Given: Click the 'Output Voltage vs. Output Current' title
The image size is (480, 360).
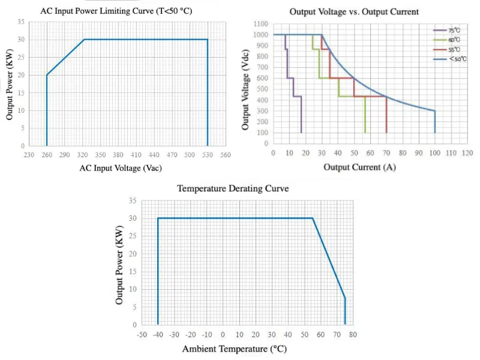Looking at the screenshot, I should coord(354,11).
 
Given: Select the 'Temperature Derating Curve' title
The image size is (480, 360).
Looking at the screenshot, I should coord(233,188).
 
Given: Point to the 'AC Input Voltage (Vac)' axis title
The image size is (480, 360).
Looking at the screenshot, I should coord(121,168).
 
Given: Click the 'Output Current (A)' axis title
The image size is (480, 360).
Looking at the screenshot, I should coord(359,167).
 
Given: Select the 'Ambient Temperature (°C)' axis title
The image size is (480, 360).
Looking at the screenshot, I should coord(234,349).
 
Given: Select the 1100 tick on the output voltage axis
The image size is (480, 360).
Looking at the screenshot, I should coord(261,24).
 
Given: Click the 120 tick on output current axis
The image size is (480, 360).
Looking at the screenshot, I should coord(467,153).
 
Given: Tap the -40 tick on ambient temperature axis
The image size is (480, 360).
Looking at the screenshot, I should coord(158,334).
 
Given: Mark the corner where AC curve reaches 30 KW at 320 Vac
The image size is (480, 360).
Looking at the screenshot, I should coord(84,40).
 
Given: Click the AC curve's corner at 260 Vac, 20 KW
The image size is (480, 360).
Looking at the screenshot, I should coord(47,75).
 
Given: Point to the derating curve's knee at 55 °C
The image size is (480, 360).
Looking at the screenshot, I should coord(313,218).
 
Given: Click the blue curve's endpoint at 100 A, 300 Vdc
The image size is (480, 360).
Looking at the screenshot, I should coord(434,111).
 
